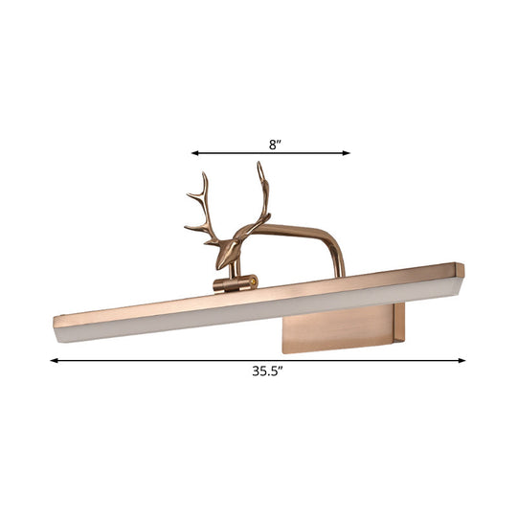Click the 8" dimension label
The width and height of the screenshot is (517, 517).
pos(274,144)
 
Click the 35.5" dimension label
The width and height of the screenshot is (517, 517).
pos(258,374)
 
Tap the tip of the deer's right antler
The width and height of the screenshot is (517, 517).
pos(258,165)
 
